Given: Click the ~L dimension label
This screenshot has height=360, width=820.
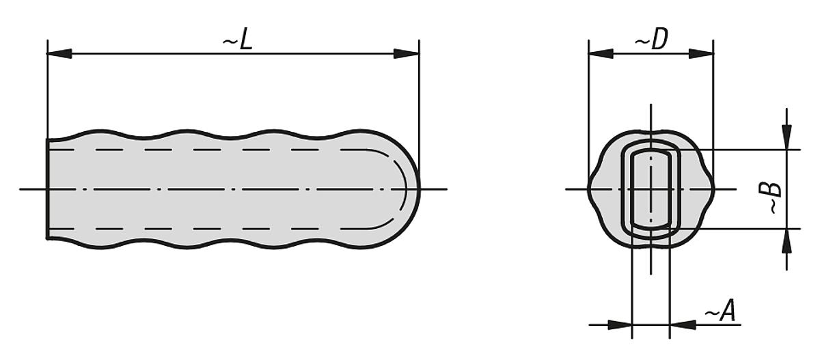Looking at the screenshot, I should tap(238, 41).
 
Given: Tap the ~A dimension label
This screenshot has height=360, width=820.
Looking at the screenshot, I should tap(719, 312).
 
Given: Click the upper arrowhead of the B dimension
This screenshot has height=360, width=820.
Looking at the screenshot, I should tap(787, 137).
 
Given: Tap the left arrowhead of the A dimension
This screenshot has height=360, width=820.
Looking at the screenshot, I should tap(620, 325).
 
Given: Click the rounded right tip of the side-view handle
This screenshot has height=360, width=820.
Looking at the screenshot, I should tap(418, 189).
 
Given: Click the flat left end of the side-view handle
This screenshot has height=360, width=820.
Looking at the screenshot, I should tap(47, 189).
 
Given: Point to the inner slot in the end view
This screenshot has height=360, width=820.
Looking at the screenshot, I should tap(651, 189).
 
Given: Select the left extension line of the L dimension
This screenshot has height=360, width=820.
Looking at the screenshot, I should tap(47, 89).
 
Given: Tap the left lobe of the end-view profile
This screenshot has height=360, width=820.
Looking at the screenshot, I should tap(592, 189).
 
